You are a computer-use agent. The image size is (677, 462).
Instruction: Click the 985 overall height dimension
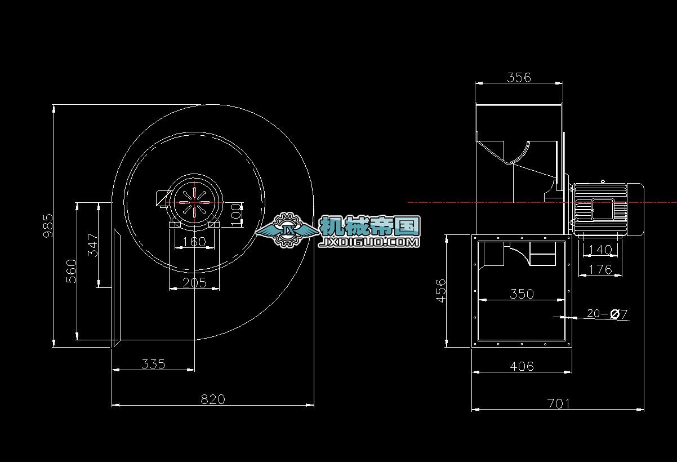point(48,225)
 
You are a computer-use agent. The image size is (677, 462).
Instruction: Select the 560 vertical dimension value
point(71,271)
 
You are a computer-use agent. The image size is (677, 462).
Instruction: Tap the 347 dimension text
point(93,245)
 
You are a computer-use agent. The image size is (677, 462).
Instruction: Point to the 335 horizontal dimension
point(153,364)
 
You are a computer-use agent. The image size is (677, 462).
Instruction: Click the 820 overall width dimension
point(213,399)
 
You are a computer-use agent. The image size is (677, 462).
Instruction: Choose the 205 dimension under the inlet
point(194,282)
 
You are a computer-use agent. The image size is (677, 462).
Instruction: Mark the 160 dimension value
point(194,242)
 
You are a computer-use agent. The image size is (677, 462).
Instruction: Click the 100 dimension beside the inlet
point(236,215)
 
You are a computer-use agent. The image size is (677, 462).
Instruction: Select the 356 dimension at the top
point(519,77)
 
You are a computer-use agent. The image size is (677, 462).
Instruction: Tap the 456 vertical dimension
point(441,290)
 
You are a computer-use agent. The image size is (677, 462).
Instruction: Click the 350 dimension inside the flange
point(522,294)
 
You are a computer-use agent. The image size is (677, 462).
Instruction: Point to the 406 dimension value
point(522,366)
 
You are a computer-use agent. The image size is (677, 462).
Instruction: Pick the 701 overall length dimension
point(558,403)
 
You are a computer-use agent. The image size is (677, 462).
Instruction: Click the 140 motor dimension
point(599,250)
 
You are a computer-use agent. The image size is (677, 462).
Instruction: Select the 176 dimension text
point(600,269)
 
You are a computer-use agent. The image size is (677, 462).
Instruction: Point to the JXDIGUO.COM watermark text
point(369,242)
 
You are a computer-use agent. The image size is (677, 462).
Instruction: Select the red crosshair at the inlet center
point(194,202)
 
